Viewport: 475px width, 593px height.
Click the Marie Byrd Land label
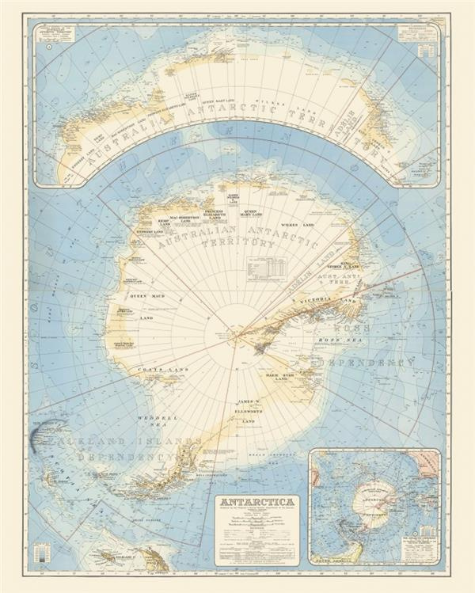tap(290, 377)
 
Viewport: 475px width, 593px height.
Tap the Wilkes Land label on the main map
tap(298, 225)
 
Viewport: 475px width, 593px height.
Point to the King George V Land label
tap(345, 267)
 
